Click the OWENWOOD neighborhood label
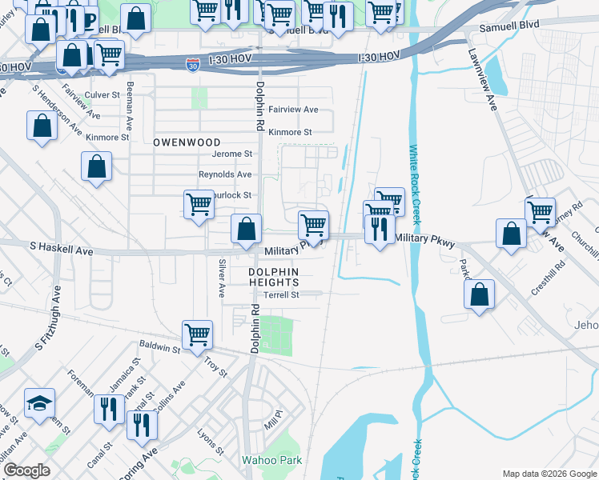pos(186,142)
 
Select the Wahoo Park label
pos(272,460)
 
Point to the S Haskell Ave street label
pos(62,251)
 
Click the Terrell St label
pos(282,294)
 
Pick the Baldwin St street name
pos(159,348)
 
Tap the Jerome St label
pos(231,154)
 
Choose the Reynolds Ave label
pos(225,174)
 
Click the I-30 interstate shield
pos(192,66)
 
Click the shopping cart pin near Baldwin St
pos(197,334)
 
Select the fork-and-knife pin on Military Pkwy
pos(378,229)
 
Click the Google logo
pos(26,470)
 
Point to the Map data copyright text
pos(549,474)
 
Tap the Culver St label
pos(102,94)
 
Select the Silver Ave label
pos(222,278)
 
